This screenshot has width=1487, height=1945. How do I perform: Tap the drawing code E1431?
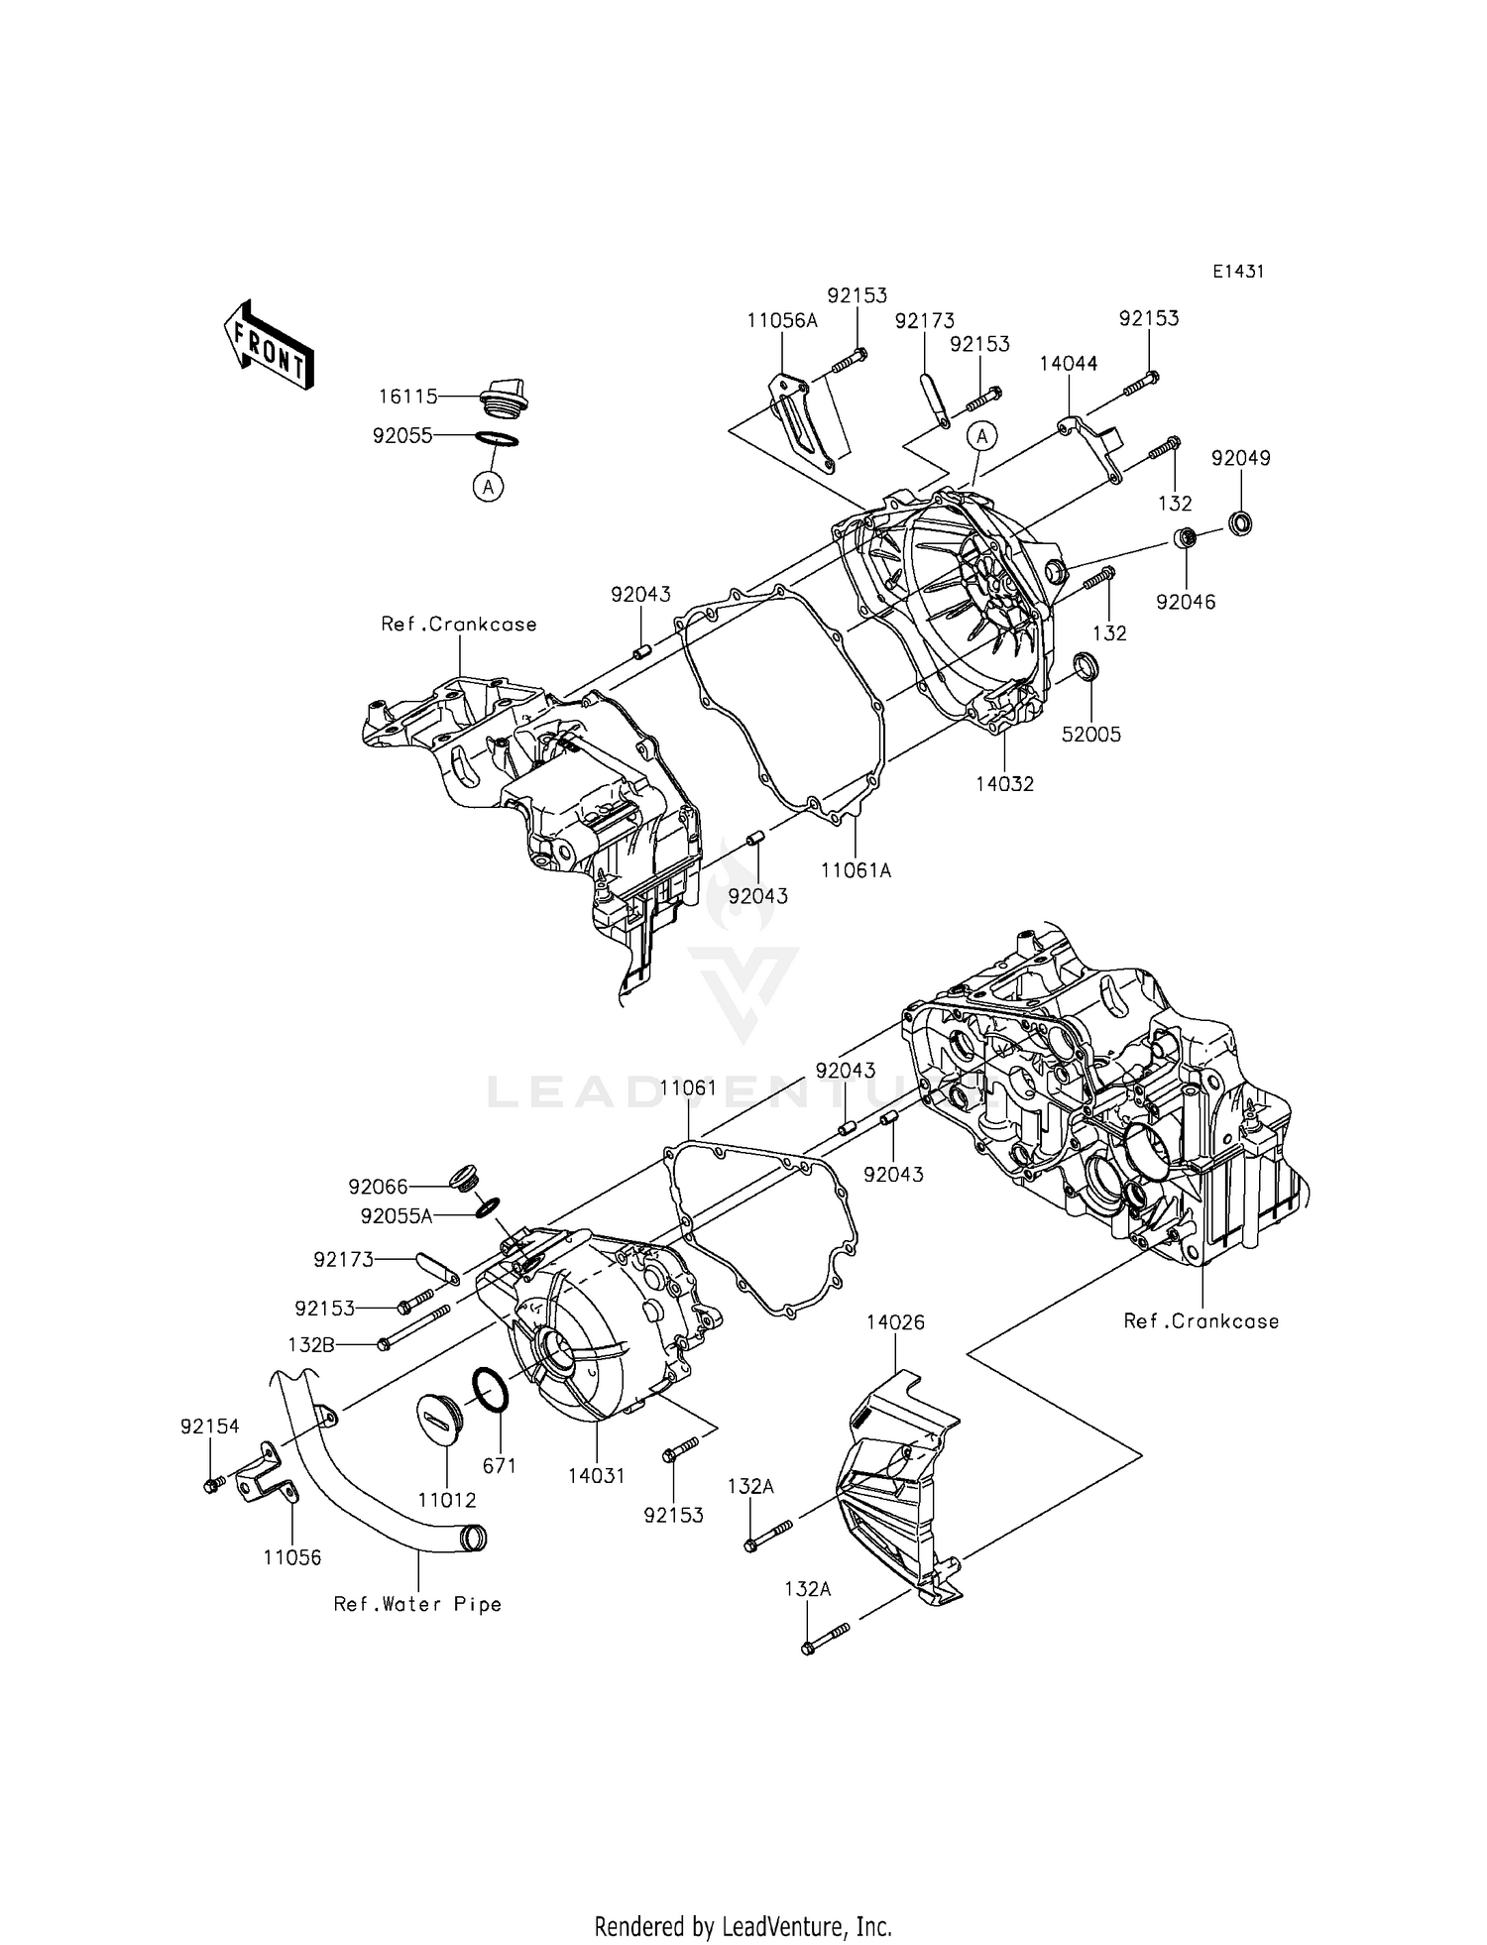point(1237,272)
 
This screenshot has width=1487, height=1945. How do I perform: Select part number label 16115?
point(407,398)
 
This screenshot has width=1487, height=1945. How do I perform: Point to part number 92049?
point(1240,459)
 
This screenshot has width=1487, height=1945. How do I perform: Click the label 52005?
point(1091,735)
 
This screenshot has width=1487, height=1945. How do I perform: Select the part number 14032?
point(1004,784)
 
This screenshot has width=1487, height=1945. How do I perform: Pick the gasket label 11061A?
point(856,870)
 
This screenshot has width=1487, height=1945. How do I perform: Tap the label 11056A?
point(782,320)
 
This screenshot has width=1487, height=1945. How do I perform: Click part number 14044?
point(1068,364)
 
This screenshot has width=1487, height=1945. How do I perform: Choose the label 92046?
point(1186,602)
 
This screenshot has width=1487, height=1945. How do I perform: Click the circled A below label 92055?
point(488,486)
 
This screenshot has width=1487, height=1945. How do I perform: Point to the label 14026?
point(895,1322)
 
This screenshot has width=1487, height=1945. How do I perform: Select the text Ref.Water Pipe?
point(417,1604)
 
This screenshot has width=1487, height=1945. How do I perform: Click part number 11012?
point(447,1501)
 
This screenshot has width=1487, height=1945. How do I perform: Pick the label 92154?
point(210,1427)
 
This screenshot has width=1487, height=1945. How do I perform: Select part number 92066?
point(378,1187)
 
